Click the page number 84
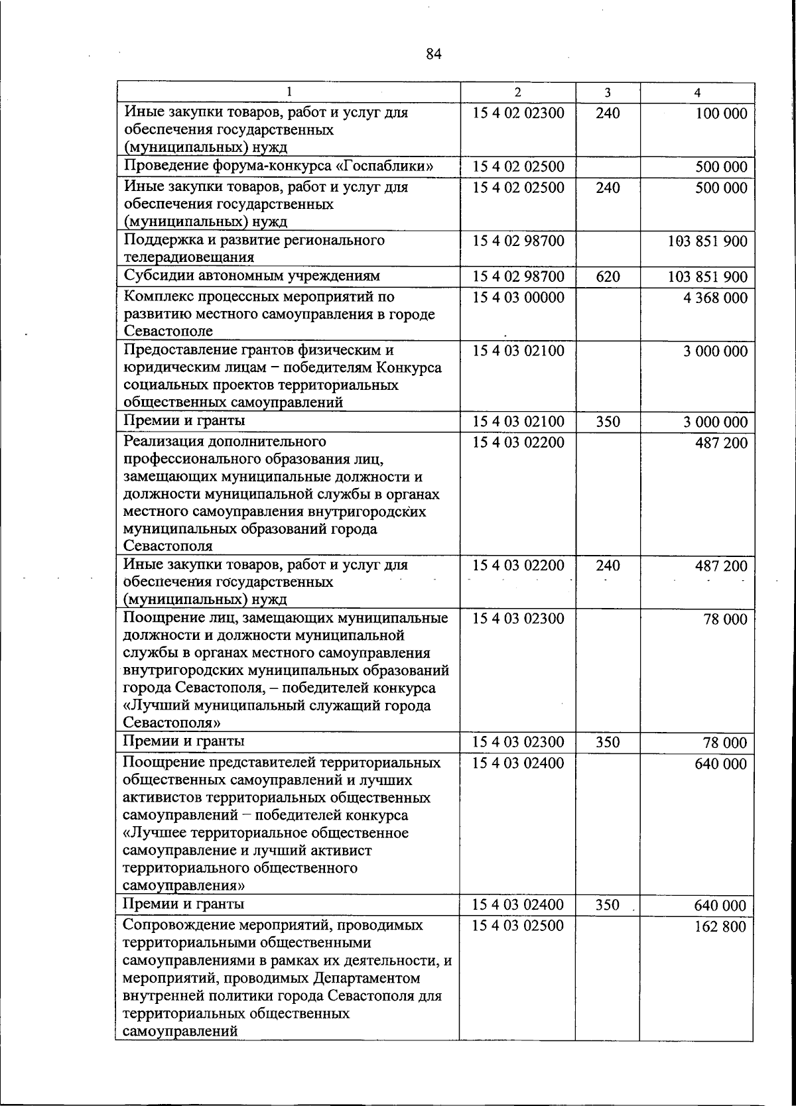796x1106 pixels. tap(434, 54)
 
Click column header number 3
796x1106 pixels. tap(608, 93)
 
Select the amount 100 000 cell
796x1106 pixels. tap(721, 113)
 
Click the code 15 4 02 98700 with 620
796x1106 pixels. tap(518, 276)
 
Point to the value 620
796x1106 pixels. tap(608, 276)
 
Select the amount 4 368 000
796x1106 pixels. tap(715, 298)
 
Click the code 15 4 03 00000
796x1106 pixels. tap(518, 297)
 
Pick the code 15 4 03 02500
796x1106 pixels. tap(518, 925)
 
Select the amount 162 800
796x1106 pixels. tap(720, 926)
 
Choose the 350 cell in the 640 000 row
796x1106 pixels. tap(608, 904)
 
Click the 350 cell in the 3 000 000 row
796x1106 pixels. tap(608, 422)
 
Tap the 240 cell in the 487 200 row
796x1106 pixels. tap(608, 565)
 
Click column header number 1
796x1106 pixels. tap(289, 93)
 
